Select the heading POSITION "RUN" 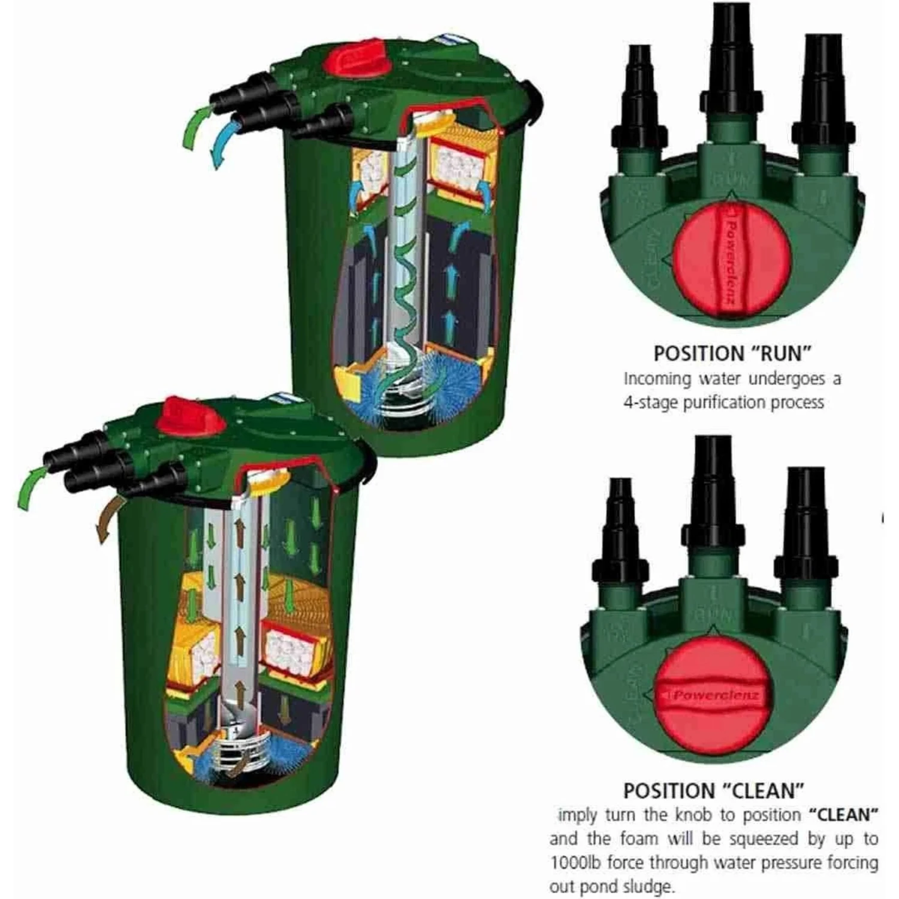pos(732,354)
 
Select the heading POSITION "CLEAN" pos(713,791)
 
